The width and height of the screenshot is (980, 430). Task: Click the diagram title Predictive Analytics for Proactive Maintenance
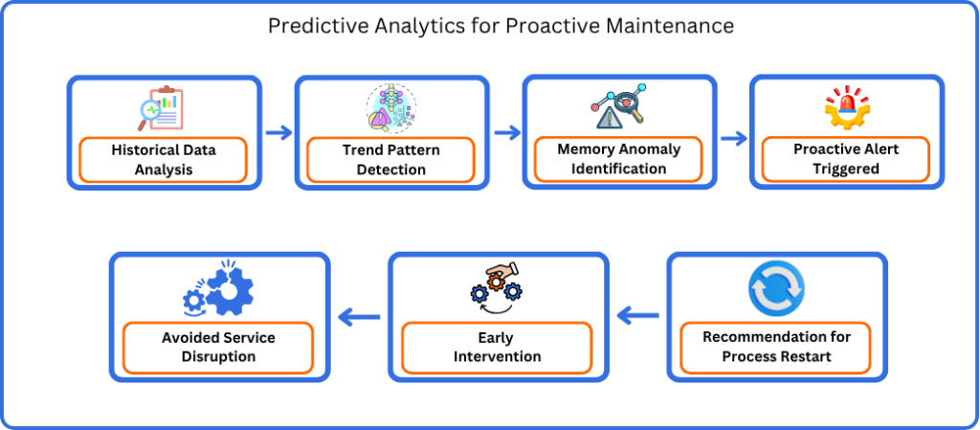pyautogui.click(x=501, y=26)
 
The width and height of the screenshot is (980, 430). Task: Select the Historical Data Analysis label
pyautogui.click(x=163, y=159)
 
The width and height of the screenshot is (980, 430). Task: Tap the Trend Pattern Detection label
pyautogui.click(x=391, y=159)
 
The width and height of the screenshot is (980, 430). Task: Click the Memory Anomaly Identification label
pyautogui.click(x=619, y=159)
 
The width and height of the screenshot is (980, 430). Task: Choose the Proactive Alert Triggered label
pyautogui.click(x=846, y=159)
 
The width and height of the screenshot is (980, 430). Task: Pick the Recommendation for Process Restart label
pyautogui.click(x=777, y=347)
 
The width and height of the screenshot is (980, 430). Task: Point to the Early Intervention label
pyautogui.click(x=497, y=347)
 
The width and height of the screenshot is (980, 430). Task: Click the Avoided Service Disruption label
pyautogui.click(x=218, y=347)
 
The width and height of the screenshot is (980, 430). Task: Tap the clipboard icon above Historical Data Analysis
pyautogui.click(x=161, y=108)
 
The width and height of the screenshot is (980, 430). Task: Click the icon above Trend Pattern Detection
pyautogui.click(x=390, y=107)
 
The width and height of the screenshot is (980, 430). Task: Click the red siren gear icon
pyautogui.click(x=847, y=107)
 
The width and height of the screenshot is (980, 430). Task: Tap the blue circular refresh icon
pyautogui.click(x=776, y=290)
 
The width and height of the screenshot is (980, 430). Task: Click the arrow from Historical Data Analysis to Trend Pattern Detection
pyautogui.click(x=278, y=132)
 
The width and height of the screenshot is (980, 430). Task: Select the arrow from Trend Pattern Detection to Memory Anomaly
pyautogui.click(x=507, y=132)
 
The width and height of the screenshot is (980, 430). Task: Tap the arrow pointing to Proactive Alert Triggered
pyautogui.click(x=734, y=138)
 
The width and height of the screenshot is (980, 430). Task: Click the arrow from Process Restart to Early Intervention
pyautogui.click(x=637, y=317)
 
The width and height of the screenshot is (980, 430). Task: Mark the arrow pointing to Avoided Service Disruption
pyautogui.click(x=359, y=318)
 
